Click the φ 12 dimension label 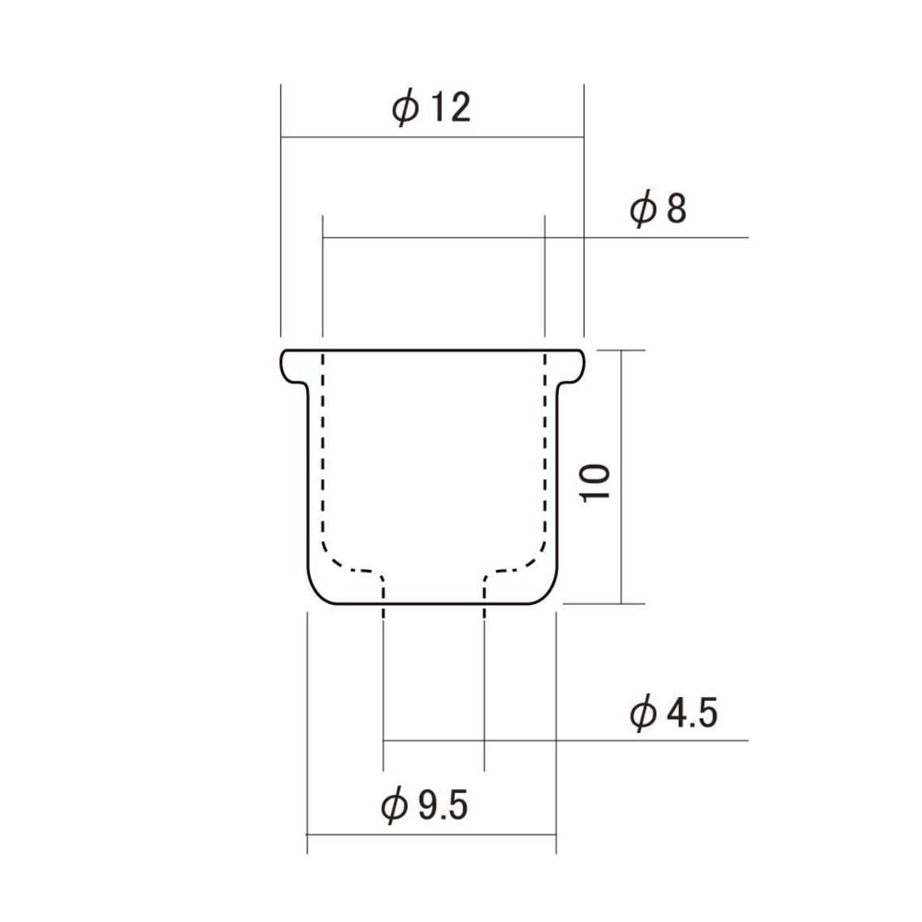(x=432, y=107)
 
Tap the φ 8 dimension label (x=658, y=208)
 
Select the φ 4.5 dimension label (x=674, y=712)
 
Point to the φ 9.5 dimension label (x=424, y=805)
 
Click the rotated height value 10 (x=595, y=482)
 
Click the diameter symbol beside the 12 (x=406, y=108)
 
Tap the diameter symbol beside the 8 (x=643, y=209)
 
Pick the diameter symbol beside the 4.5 (x=643, y=713)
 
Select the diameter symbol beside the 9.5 (x=394, y=806)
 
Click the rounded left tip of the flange (x=281, y=365)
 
